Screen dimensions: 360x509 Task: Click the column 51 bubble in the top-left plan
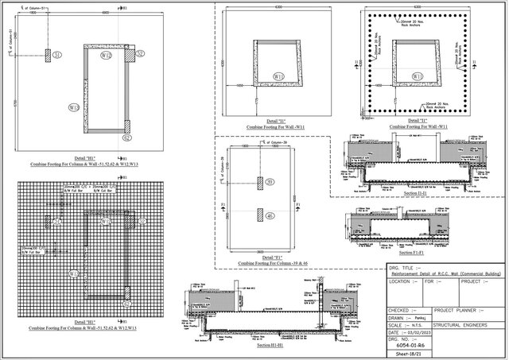[58, 56]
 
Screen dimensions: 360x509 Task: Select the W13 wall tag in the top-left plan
[74, 106]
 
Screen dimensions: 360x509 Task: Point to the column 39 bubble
[270, 183]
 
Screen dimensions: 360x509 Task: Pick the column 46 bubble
[270, 215]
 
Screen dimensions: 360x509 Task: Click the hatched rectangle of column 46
[259, 215]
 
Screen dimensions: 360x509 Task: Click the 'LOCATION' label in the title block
[401, 281]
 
